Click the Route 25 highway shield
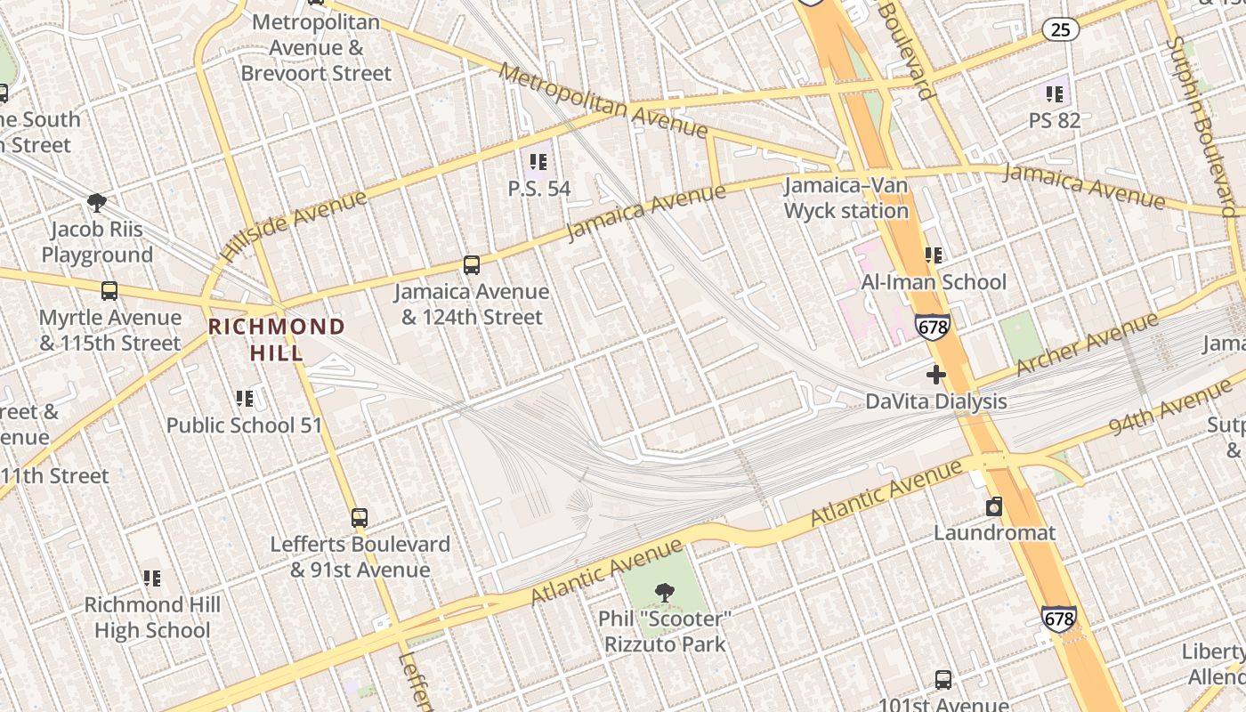point(1060,29)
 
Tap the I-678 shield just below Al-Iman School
point(932,328)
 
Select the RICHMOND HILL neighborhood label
point(276,339)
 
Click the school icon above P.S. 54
point(538,162)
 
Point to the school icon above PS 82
point(1055,93)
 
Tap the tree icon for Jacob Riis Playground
point(97,203)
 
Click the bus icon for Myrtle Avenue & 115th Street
point(109,291)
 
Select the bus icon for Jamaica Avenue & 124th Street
point(472,265)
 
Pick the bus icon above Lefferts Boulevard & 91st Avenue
point(360,517)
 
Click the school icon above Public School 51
point(245,399)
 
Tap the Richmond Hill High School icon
point(152,578)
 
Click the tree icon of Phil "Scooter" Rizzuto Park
point(664,592)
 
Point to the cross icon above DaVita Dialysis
point(935,375)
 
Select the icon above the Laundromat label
point(994,507)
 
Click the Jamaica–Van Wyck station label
point(845,198)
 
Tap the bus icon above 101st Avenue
point(943,680)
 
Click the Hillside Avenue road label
point(293,225)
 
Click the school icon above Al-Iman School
point(934,255)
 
